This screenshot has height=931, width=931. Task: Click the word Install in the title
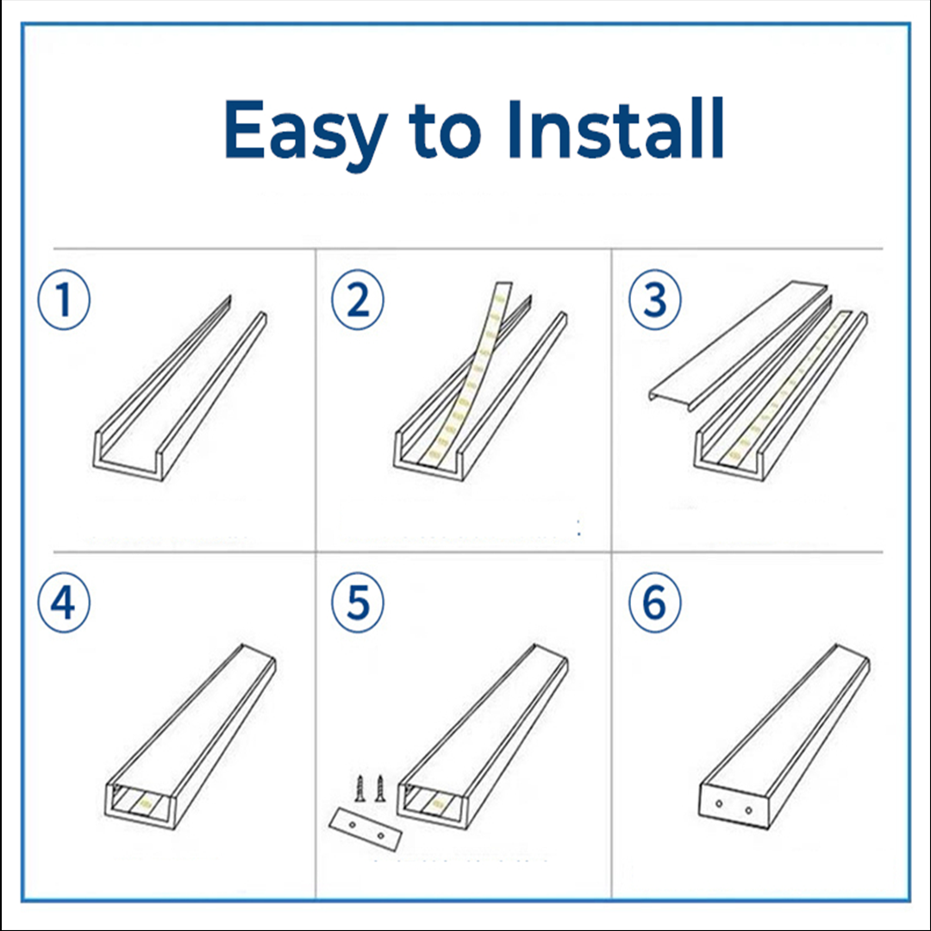(x=615, y=128)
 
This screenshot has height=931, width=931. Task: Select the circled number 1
(x=64, y=300)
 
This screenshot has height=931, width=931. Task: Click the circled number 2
(x=358, y=300)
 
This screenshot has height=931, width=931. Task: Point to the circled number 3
(x=655, y=300)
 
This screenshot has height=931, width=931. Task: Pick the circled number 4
(x=64, y=603)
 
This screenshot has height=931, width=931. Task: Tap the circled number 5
(x=358, y=603)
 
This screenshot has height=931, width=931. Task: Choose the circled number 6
(x=655, y=603)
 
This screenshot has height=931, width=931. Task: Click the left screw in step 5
(x=359, y=789)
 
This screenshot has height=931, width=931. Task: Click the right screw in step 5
(x=380, y=789)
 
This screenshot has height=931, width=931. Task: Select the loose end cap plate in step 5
(x=366, y=830)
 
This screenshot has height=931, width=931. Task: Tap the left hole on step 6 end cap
(x=719, y=804)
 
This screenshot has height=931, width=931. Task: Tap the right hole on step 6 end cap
(x=748, y=809)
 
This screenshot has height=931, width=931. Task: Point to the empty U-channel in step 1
(x=178, y=389)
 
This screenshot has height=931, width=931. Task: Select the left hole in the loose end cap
(x=353, y=824)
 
